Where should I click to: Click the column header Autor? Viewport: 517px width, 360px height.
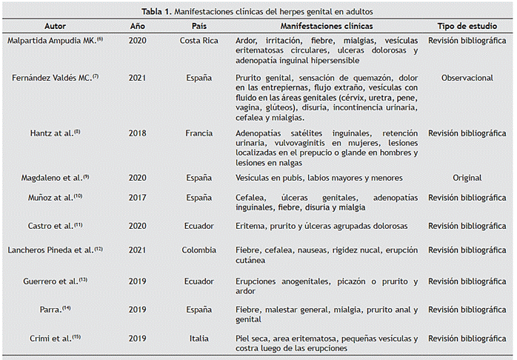click(55, 26)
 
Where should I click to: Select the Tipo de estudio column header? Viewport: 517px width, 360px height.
click(467, 26)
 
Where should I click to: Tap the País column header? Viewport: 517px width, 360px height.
click(199, 26)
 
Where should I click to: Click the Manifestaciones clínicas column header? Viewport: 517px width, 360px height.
click(327, 26)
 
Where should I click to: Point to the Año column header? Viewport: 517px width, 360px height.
click(138, 26)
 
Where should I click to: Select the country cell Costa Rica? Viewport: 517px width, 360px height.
click(199, 41)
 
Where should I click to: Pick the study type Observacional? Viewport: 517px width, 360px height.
click(467, 78)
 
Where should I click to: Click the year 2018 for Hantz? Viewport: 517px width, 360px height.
click(138, 133)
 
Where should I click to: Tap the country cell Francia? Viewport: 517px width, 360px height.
click(199, 133)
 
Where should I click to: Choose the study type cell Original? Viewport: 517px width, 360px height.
click(467, 178)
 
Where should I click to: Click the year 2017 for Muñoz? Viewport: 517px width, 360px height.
click(138, 198)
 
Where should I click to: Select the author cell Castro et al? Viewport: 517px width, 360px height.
click(55, 226)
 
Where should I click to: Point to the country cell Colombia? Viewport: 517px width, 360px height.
click(199, 250)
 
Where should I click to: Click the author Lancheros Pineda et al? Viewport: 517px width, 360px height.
click(55, 250)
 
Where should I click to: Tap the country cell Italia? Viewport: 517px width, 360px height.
click(199, 339)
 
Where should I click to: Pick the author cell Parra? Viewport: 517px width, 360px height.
click(55, 310)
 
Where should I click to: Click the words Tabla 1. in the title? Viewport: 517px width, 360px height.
click(156, 12)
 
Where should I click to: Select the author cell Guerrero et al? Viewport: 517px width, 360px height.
click(55, 281)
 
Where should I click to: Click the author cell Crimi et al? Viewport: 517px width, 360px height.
click(55, 339)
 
